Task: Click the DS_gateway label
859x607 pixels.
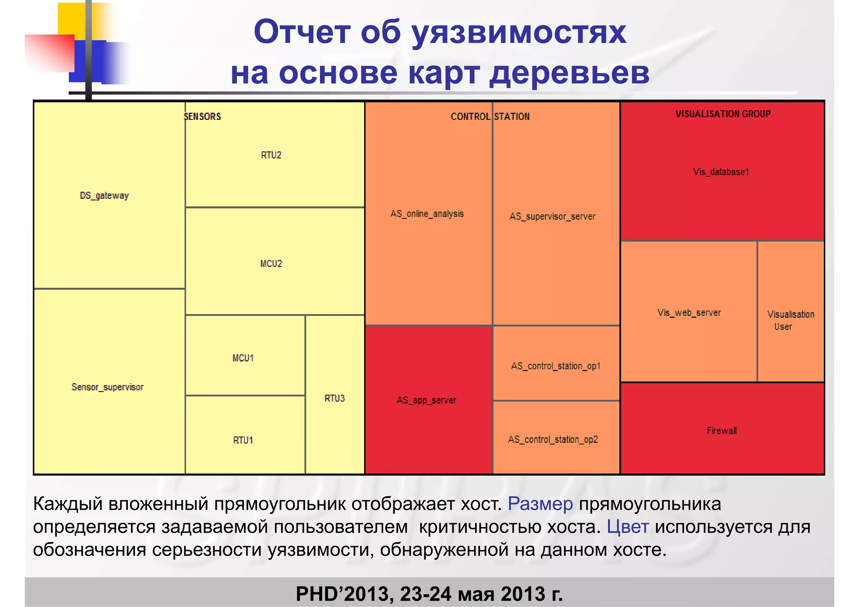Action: click(x=104, y=196)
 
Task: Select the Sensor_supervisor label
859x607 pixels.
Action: click(x=107, y=387)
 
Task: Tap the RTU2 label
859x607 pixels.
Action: click(x=271, y=155)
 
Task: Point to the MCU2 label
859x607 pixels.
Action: click(x=271, y=264)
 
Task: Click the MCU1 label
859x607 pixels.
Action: click(x=243, y=358)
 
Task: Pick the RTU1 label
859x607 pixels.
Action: click(x=243, y=440)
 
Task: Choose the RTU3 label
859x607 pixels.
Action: click(x=335, y=398)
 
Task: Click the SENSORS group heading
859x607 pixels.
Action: click(x=203, y=117)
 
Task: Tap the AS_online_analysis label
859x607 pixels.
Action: click(x=427, y=214)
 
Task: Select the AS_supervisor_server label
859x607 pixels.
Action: click(x=552, y=216)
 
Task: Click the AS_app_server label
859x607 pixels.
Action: click(x=427, y=400)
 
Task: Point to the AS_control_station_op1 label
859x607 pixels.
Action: click(x=556, y=366)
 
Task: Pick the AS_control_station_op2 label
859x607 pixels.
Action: click(x=553, y=439)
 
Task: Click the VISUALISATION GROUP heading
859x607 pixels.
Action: click(x=723, y=114)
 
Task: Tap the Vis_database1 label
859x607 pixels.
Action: click(x=721, y=172)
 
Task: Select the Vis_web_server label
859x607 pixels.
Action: click(x=689, y=313)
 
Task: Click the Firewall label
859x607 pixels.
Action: click(x=722, y=431)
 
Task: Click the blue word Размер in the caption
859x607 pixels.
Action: click(x=540, y=504)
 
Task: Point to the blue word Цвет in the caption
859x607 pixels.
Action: click(x=628, y=527)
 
